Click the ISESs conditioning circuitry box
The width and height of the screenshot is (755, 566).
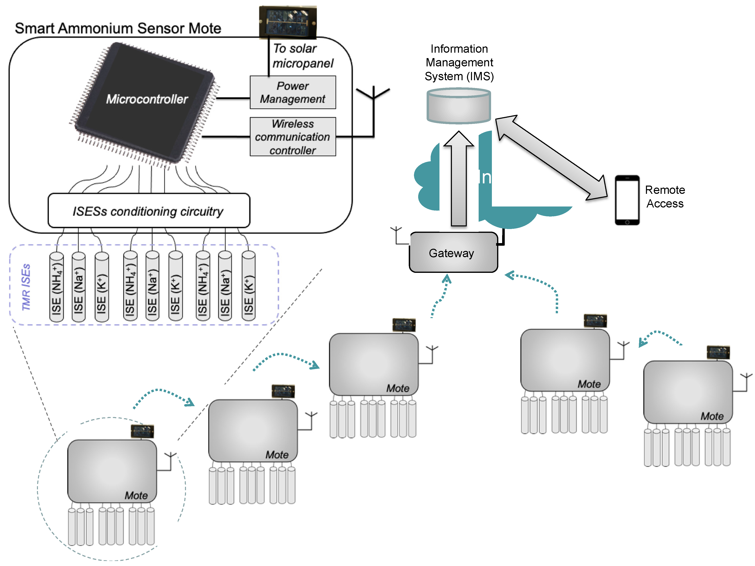click(149, 211)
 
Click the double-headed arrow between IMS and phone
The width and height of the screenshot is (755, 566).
click(551, 157)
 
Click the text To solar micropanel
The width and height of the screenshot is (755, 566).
click(302, 56)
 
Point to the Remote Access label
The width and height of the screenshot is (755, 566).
click(665, 196)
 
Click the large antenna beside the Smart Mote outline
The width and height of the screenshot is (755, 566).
click(373, 109)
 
